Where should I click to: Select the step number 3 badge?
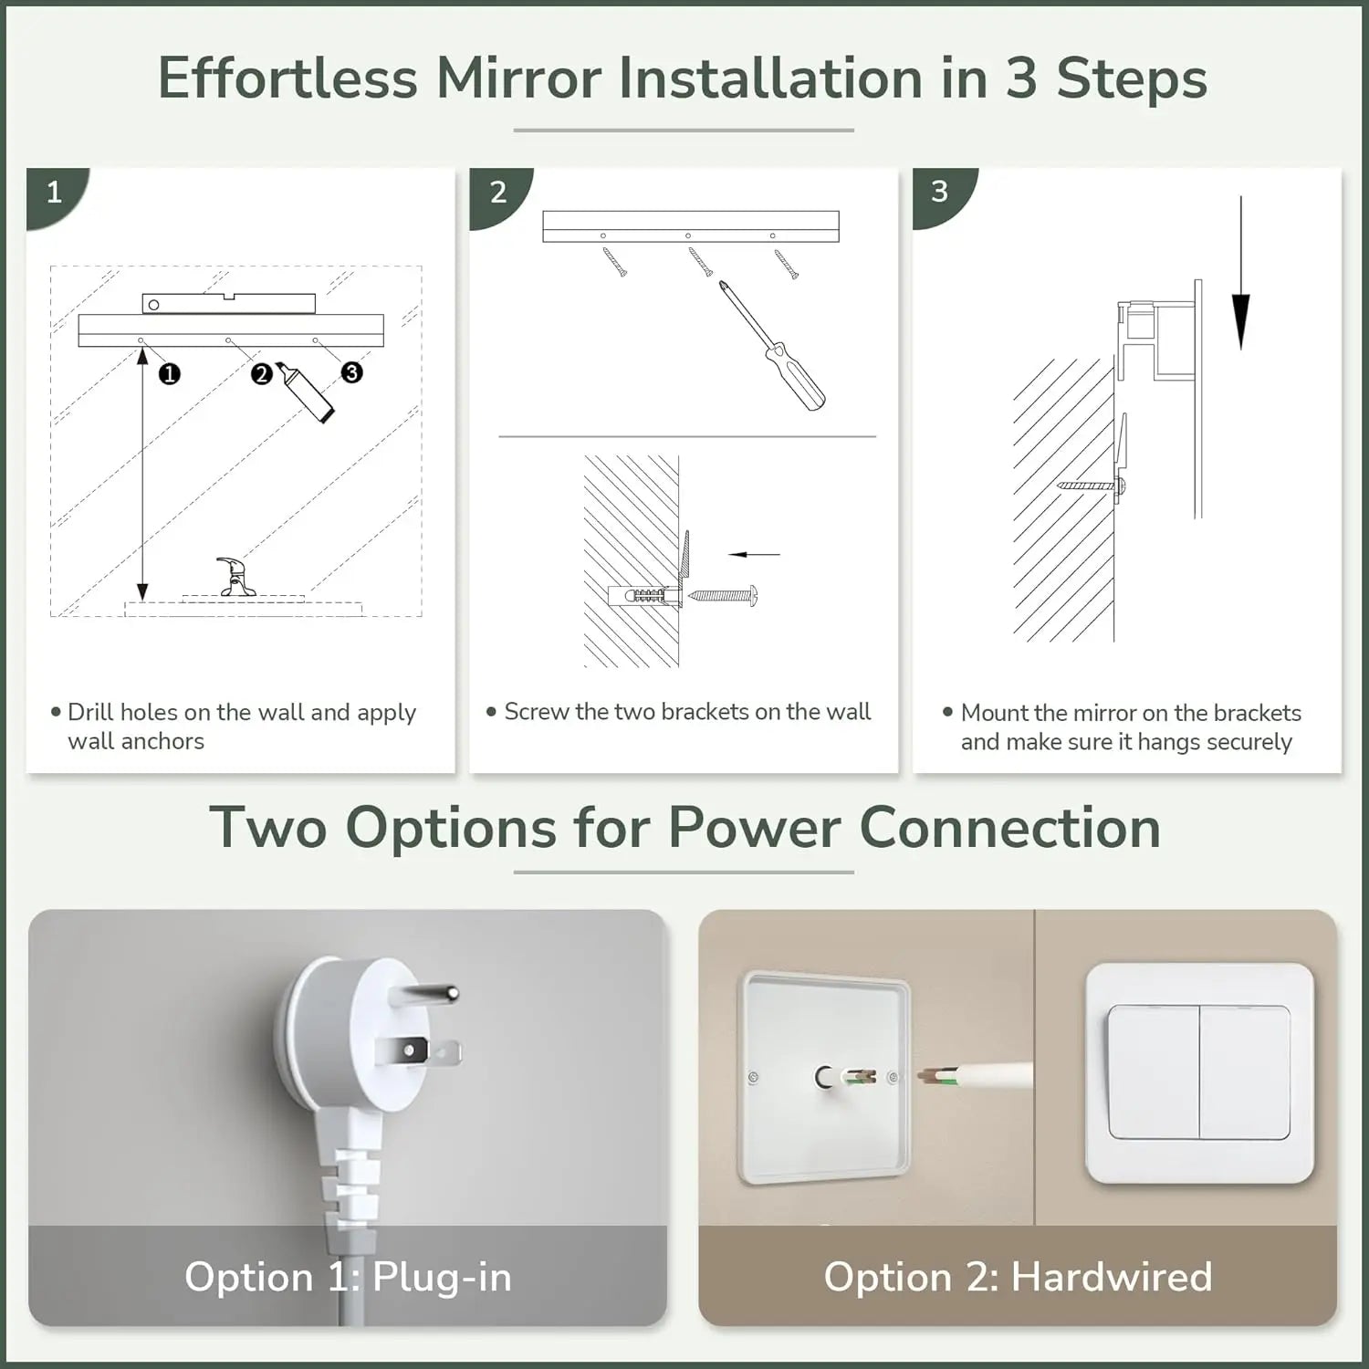tap(940, 193)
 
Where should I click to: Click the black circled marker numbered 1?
tap(169, 373)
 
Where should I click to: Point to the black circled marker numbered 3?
tap(351, 372)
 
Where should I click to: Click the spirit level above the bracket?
tap(228, 303)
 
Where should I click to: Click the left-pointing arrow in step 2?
tap(755, 554)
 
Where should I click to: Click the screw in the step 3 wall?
tap(1091, 486)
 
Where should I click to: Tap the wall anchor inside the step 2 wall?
tap(643, 596)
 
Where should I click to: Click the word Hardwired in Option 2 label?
tap(1112, 1276)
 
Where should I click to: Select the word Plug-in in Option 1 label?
tap(442, 1276)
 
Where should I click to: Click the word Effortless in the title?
tap(287, 78)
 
